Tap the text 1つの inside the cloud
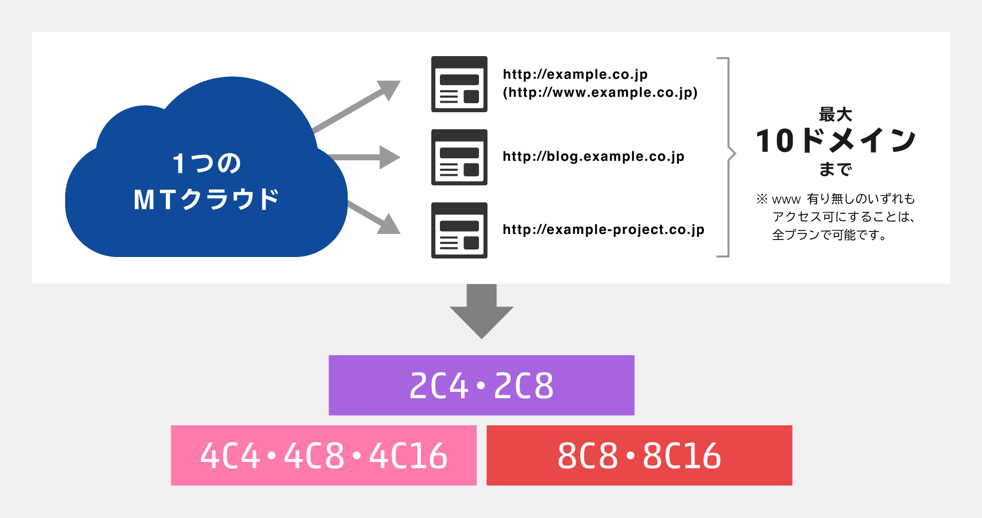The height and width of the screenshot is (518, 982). (x=206, y=163)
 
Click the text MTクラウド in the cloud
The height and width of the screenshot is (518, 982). (x=206, y=199)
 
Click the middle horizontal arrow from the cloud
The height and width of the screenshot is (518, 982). (x=364, y=157)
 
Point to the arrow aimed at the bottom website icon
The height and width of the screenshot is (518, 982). (x=374, y=217)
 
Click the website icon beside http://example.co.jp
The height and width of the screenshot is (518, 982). (x=459, y=84)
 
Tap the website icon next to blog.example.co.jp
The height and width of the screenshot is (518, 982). (x=459, y=157)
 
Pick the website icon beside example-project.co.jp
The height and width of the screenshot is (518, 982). (x=459, y=230)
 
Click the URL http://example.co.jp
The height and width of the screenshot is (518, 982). (x=575, y=75)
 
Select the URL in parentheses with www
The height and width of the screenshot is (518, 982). (x=600, y=93)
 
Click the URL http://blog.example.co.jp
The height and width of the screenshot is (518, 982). (x=593, y=157)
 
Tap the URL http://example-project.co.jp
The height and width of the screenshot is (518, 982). (x=603, y=230)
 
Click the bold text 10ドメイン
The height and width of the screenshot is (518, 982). (x=836, y=140)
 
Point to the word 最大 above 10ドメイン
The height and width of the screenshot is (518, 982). (x=836, y=115)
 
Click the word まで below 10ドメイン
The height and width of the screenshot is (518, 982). (x=836, y=169)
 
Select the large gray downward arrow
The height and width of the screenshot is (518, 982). (x=481, y=311)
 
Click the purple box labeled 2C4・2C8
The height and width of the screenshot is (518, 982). (x=481, y=385)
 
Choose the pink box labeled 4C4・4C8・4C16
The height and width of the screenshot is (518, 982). (x=324, y=455)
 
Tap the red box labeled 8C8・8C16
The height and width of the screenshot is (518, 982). (x=639, y=455)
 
